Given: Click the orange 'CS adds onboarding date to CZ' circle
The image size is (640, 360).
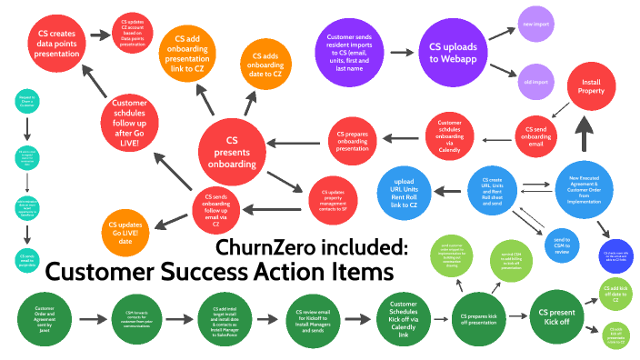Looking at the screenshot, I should [265, 67].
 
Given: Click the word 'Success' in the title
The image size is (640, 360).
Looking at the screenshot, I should [226, 271].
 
